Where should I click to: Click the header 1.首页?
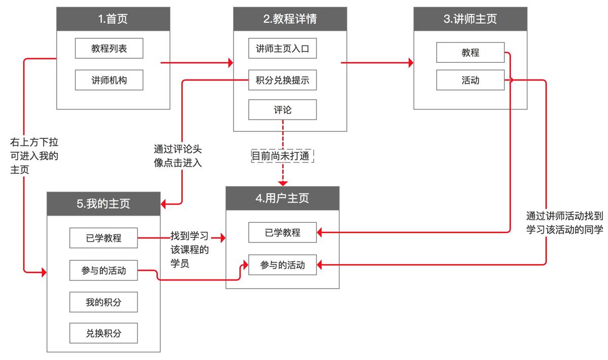113,19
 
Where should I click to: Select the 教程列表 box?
109,49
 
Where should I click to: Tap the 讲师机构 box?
109,80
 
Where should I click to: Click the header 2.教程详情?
290,19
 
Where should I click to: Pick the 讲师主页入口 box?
282,49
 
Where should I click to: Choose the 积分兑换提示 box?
282,80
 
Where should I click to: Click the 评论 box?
282,109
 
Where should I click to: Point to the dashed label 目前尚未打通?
283,155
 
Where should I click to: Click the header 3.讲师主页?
470,19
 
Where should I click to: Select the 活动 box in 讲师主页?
470,80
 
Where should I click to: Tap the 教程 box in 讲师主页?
470,52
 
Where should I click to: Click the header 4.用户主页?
282,198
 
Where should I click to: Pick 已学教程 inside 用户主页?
282,232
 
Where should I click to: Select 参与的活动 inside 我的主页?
103,270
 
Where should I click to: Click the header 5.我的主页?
103,204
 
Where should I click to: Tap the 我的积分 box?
103,302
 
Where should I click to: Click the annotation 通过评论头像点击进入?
177,156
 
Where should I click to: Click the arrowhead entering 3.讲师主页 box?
411,63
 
